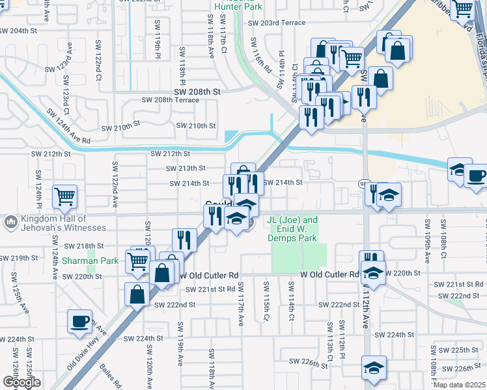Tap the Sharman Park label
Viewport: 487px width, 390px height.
click(90, 261)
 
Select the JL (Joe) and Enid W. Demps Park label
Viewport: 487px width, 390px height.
click(293, 229)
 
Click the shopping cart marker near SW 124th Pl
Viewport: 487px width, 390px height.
click(64, 196)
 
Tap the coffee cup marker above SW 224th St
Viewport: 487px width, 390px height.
click(80, 321)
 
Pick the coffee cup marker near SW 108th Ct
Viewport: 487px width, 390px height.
click(475, 175)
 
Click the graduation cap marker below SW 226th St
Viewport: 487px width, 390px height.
click(374, 367)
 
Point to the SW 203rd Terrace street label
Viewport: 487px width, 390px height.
click(277, 23)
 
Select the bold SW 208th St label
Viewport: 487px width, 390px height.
click(197, 92)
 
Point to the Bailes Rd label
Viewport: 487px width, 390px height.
click(107, 376)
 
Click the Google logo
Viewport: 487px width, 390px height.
click(21, 382)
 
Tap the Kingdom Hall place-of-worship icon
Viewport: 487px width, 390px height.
click(10, 223)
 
